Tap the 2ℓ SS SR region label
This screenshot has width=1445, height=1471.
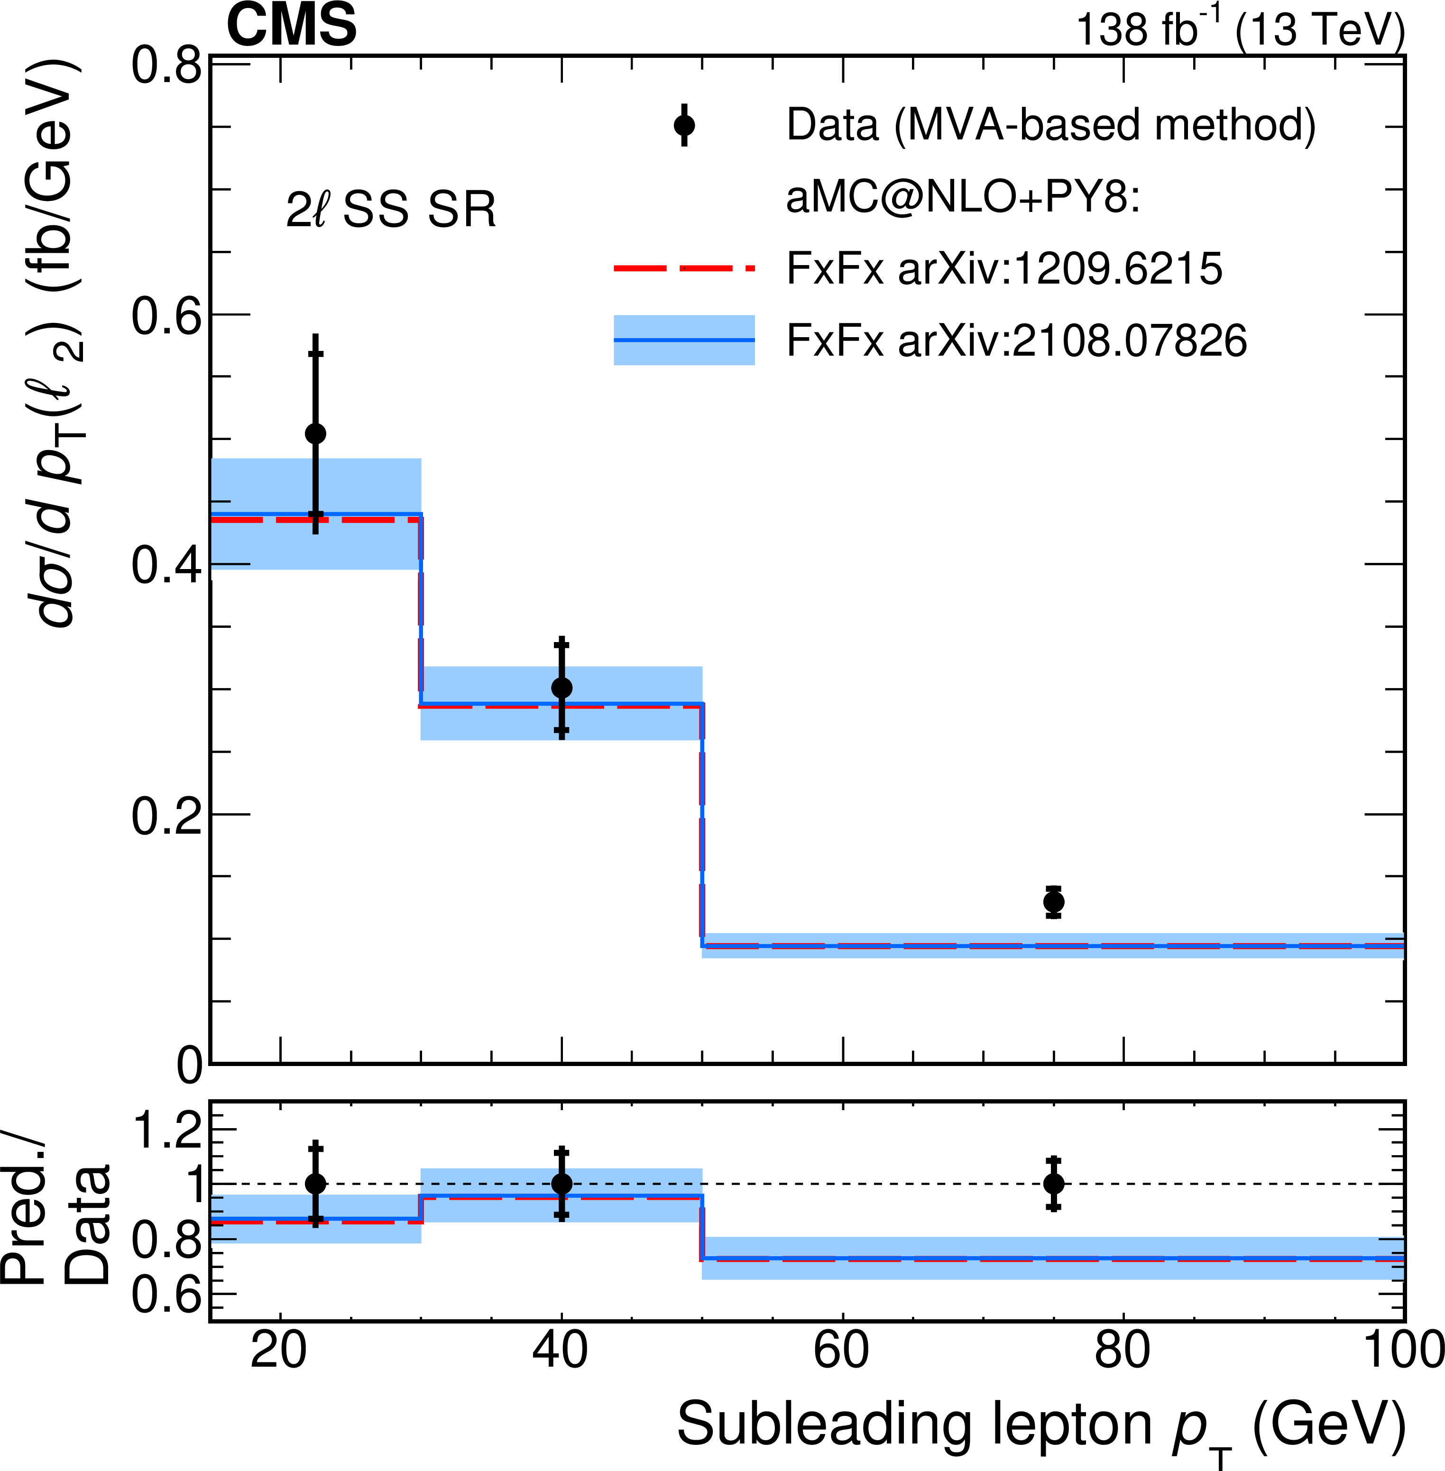click(391, 210)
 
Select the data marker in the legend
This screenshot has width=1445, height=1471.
click(684, 125)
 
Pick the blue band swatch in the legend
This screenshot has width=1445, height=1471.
click(684, 340)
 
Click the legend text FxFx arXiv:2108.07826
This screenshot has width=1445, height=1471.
click(1016, 340)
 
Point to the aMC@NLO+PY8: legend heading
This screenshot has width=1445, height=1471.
click(962, 197)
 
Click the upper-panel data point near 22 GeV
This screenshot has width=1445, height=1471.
click(316, 433)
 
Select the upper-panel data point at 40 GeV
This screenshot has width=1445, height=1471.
click(561, 688)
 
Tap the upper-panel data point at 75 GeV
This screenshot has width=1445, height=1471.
click(1053, 902)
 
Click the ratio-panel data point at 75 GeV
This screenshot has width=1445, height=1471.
click(1053, 1183)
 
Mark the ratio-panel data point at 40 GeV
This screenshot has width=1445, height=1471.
click(561, 1183)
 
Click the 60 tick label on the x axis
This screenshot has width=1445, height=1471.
click(841, 1351)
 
